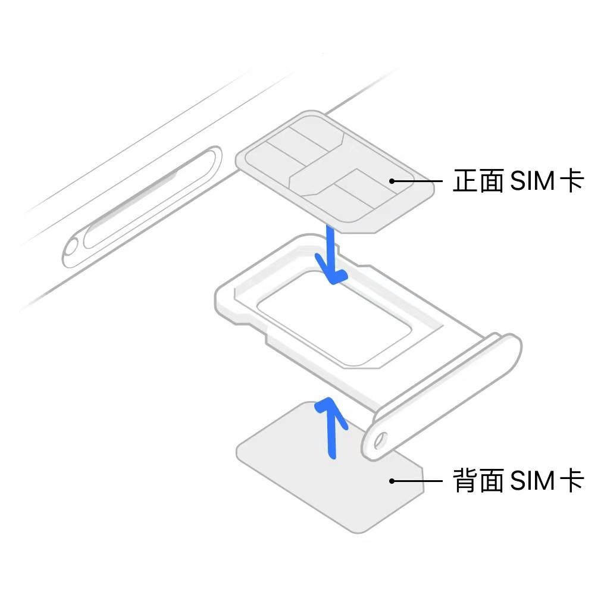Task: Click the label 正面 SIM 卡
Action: point(518,180)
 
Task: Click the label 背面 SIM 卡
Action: point(518,480)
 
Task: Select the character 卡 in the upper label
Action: point(572,180)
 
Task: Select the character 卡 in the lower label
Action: point(572,480)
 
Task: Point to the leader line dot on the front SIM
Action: point(392,180)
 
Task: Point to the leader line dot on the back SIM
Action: point(392,480)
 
